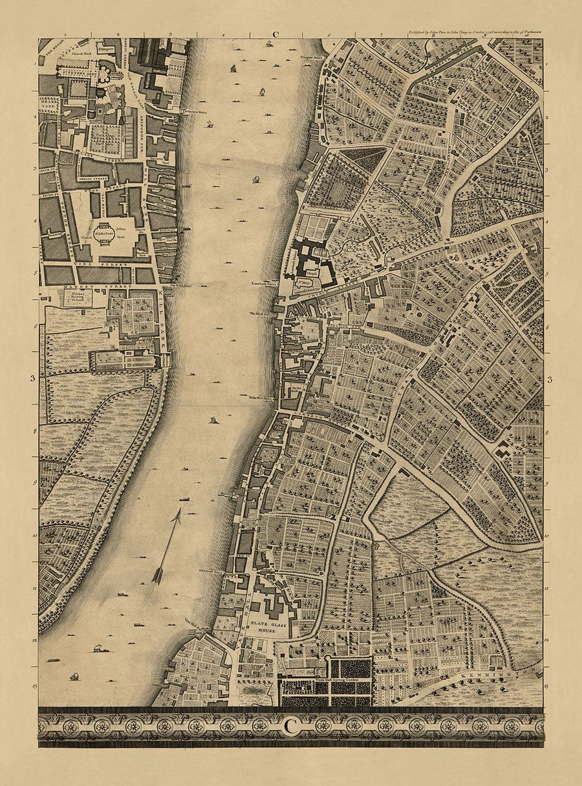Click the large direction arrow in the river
(x=166, y=546)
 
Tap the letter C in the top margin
(x=275, y=35)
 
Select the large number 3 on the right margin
(x=550, y=380)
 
